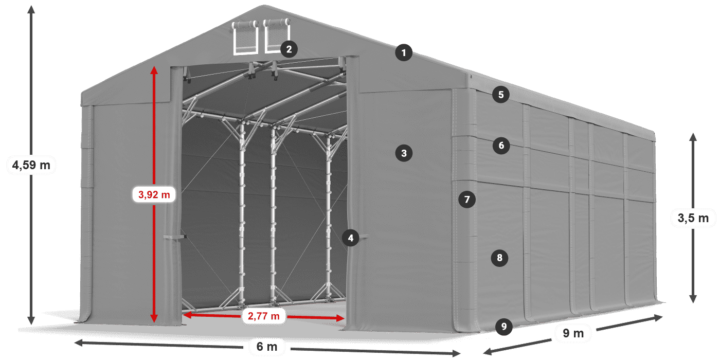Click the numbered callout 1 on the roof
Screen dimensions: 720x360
[404, 52]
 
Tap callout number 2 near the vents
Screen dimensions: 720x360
[289, 49]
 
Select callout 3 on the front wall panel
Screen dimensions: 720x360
[404, 153]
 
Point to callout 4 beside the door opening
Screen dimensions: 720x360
[350, 238]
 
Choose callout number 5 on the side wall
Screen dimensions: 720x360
[501, 95]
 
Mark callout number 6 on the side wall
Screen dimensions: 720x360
[501, 145]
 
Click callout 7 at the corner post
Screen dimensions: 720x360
[467, 200]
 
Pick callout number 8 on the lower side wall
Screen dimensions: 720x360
[499, 258]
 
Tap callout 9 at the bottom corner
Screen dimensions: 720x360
[503, 327]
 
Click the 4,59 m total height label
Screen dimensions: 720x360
[31, 165]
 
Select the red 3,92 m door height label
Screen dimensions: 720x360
[154, 194]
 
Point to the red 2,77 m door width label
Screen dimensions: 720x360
[263, 316]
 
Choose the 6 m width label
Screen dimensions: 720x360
[267, 347]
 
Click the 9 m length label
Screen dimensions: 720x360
[573, 333]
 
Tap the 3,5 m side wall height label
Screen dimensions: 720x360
[693, 218]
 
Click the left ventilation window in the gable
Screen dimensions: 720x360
[245, 37]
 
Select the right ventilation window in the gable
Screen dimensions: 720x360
[277, 35]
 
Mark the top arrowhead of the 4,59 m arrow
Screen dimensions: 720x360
[31, 10]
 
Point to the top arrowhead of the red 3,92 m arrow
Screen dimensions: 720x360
[154, 70]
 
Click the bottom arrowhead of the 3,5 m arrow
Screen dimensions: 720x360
[693, 299]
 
